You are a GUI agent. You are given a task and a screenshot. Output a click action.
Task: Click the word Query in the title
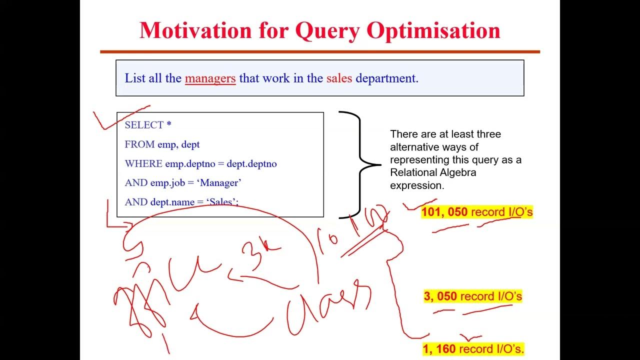point(327,31)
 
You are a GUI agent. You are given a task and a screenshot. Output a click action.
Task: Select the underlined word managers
point(210,78)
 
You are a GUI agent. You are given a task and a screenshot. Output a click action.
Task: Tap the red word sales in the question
point(339,78)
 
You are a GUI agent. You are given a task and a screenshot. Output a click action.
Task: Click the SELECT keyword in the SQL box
point(144,125)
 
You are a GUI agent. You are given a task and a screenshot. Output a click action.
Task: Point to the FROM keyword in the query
point(139,144)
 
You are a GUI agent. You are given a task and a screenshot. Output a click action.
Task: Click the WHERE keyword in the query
point(143,164)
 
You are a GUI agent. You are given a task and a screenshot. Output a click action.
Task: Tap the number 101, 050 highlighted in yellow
point(444,212)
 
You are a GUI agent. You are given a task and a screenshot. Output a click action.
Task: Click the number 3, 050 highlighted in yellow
point(440,296)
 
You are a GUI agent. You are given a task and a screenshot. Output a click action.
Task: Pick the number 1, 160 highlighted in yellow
point(439,349)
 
